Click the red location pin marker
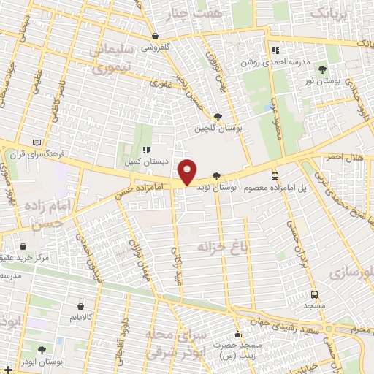(188, 171)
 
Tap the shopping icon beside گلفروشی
(155, 35)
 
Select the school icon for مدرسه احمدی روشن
(275, 50)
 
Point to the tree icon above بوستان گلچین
(218, 116)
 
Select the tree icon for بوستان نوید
(215, 176)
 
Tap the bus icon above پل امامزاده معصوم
(275, 176)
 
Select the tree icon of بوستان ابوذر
(41, 350)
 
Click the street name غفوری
(159, 83)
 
